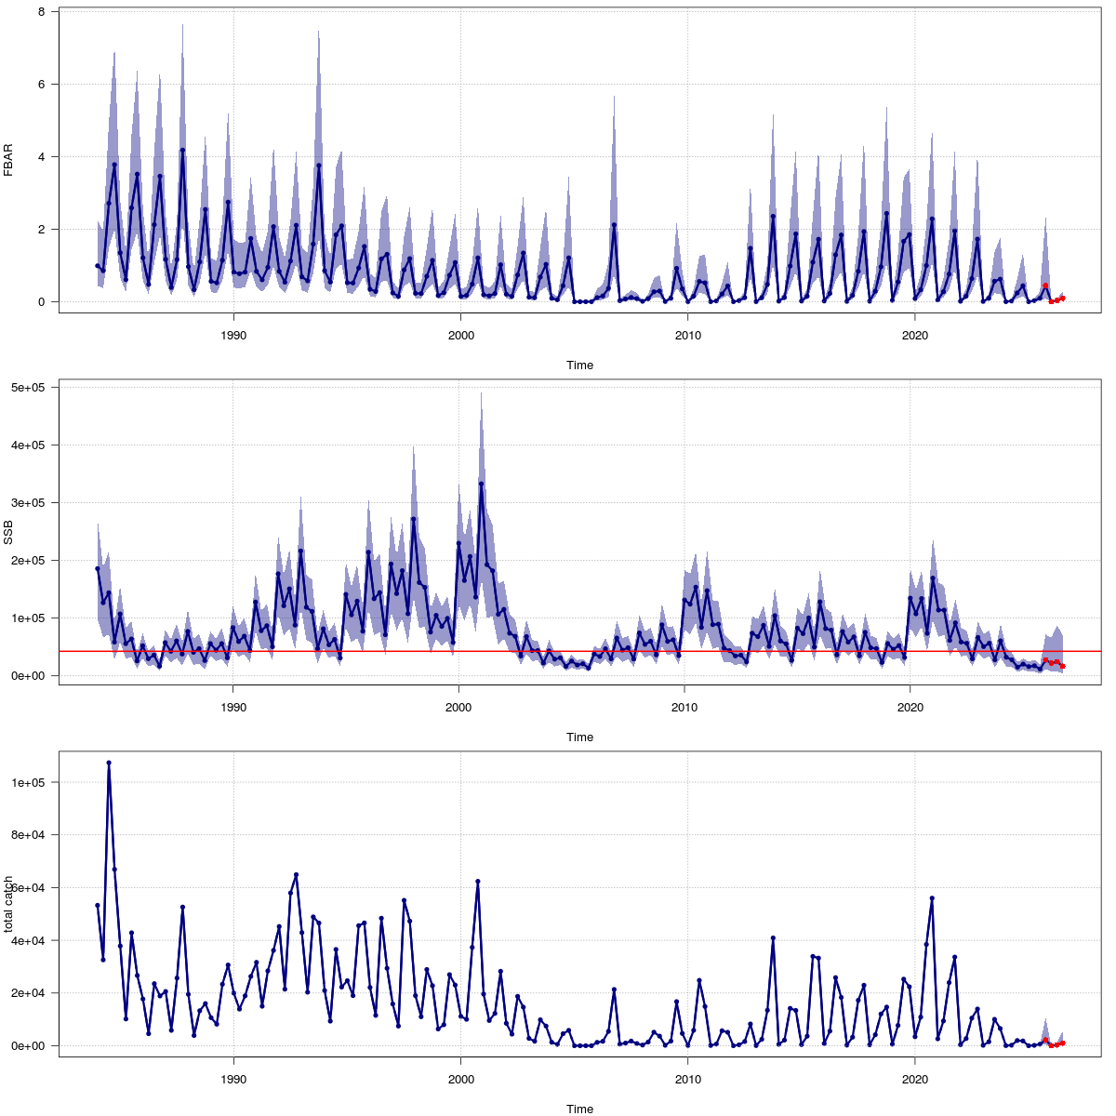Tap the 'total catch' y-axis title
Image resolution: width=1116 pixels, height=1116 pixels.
[x=8, y=904]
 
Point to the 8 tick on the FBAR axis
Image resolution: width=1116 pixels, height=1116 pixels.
[x=42, y=11]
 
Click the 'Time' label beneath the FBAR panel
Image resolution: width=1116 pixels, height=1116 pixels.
[x=579, y=365]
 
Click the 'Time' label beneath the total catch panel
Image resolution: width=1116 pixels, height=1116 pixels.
[x=579, y=1109]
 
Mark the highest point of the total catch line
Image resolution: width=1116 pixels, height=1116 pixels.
[x=109, y=763]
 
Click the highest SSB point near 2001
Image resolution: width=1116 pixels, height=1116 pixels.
[x=481, y=484]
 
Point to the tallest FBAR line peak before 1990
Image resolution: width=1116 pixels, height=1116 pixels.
[x=182, y=150]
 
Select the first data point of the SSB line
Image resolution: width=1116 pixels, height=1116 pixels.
[x=97, y=568]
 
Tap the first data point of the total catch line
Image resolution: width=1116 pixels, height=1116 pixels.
[x=97, y=906]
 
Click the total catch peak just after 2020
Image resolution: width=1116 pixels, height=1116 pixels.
[x=932, y=898]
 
